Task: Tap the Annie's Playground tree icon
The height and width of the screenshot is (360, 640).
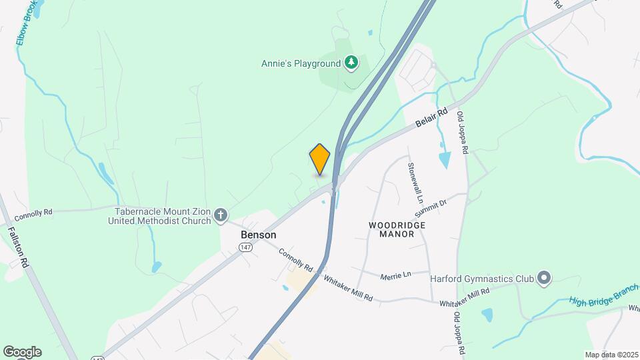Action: coord(351,63)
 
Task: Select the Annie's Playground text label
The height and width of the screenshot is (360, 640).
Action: coord(300,64)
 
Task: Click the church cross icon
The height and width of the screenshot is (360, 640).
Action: coord(221,215)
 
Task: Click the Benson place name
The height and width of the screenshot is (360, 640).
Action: coord(258,235)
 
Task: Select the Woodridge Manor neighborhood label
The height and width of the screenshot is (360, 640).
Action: coord(397,229)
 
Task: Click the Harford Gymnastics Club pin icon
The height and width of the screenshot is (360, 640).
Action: coord(544,277)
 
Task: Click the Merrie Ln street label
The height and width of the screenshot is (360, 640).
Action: coord(395,275)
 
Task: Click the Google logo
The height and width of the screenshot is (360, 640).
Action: coord(21,351)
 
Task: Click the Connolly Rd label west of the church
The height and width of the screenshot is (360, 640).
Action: coord(33,212)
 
